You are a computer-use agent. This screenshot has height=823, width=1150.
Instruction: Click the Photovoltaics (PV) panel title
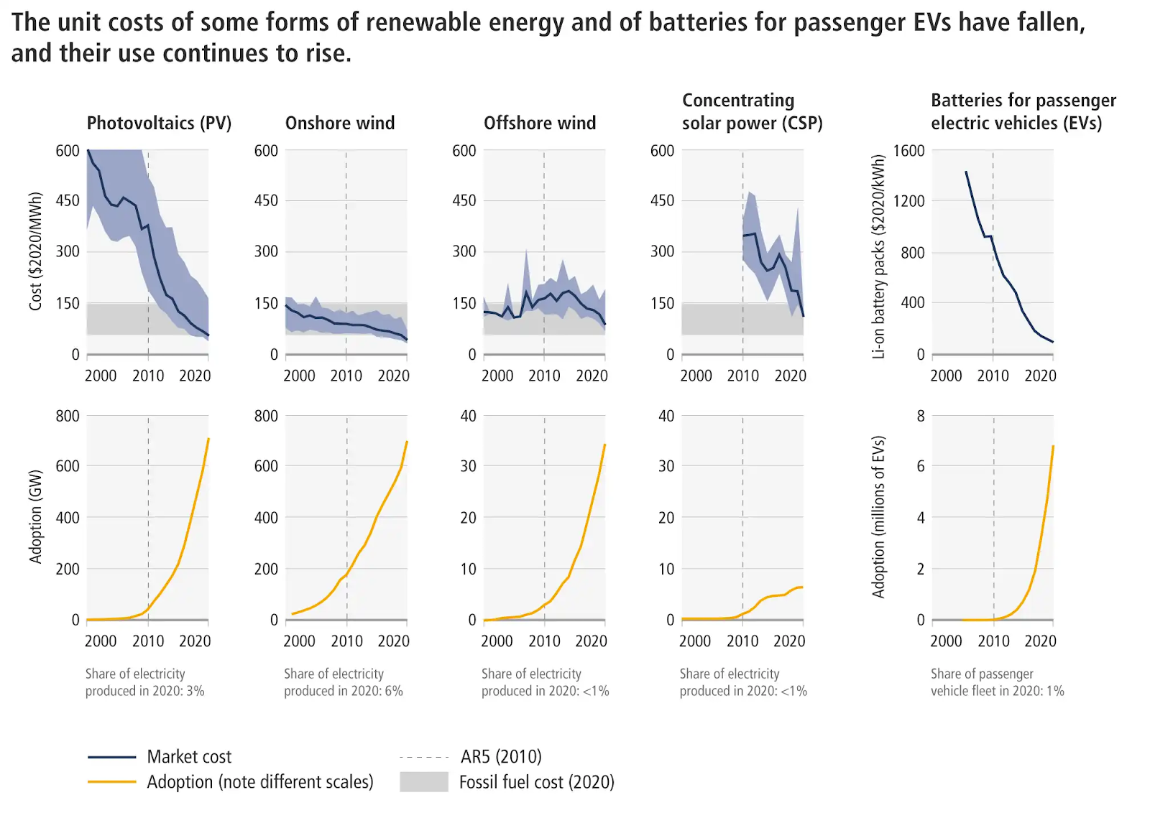pyautogui.click(x=159, y=123)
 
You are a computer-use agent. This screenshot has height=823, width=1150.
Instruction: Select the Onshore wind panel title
pyautogui.click(x=340, y=123)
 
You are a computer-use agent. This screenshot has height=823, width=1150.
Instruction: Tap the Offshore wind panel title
pyautogui.click(x=540, y=123)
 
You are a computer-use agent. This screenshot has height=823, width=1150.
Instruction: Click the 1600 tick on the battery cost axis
pyautogui.click(x=908, y=151)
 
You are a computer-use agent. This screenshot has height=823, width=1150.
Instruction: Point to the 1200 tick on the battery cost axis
pyautogui.click(x=908, y=201)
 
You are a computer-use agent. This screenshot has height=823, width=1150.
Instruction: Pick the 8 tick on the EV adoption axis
pyautogui.click(x=921, y=416)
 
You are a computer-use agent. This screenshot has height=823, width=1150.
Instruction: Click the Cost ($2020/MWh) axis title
pyautogui.click(x=35, y=251)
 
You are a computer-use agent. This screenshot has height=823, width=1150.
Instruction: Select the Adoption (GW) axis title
pyautogui.click(x=35, y=516)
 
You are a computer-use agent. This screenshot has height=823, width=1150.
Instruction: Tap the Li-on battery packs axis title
pyautogui.click(x=878, y=256)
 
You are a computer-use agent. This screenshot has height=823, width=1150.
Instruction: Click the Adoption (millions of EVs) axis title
pyautogui.click(x=878, y=516)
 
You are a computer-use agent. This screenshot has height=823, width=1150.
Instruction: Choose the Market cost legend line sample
pyautogui.click(x=112, y=757)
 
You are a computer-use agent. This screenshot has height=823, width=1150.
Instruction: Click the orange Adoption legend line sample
pyautogui.click(x=112, y=782)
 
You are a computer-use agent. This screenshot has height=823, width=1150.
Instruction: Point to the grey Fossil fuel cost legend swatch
pyautogui.click(x=424, y=782)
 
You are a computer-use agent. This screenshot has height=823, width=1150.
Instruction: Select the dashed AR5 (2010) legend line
pyautogui.click(x=424, y=757)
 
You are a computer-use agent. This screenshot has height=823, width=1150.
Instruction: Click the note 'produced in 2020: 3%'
pyautogui.click(x=144, y=691)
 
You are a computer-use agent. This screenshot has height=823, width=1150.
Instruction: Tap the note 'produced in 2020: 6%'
pyautogui.click(x=343, y=691)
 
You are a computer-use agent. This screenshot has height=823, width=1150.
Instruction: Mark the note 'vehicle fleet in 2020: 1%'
pyautogui.click(x=997, y=691)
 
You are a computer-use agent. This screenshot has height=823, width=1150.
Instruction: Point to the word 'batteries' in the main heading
pyautogui.click(x=694, y=22)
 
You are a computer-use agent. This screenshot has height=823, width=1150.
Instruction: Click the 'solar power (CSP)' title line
pyautogui.click(x=752, y=123)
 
